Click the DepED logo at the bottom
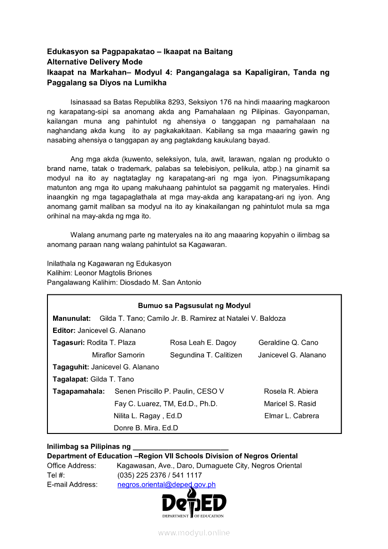click(194, 503)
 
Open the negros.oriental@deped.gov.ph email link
click(166, 485)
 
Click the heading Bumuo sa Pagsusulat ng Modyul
click(194, 306)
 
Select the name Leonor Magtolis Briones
click(113, 273)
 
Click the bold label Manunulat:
click(71, 318)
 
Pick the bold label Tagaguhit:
click(71, 367)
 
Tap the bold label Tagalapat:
click(70, 379)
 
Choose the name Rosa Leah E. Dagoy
click(203, 343)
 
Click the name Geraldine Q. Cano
click(288, 343)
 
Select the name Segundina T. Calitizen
click(206, 355)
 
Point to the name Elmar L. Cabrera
click(291, 416)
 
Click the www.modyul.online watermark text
click(194, 533)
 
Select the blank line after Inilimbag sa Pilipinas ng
click(181, 447)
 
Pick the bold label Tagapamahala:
click(78, 391)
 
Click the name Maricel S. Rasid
click(290, 403)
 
